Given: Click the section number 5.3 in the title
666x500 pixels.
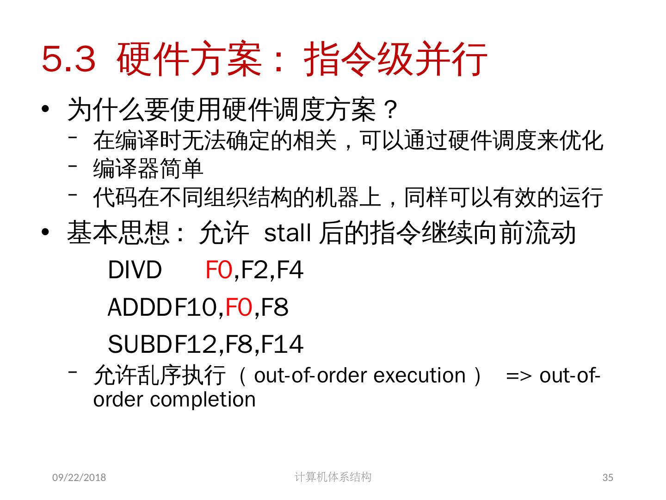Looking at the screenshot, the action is tap(68, 59).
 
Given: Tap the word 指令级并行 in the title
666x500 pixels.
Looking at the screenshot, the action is tap(396, 59).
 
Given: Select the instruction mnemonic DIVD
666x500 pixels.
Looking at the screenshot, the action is tap(135, 270).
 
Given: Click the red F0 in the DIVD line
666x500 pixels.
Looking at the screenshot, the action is tap(219, 270).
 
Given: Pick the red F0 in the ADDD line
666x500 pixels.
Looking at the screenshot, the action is tap(239, 307).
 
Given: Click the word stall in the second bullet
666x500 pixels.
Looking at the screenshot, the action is tap(287, 233).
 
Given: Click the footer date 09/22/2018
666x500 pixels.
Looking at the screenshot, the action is tap(79, 477).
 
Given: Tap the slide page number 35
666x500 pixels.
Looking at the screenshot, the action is tap(608, 477).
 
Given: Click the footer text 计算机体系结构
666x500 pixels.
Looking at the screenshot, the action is tap(333, 477).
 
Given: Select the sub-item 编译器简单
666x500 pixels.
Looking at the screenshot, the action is tap(148, 169).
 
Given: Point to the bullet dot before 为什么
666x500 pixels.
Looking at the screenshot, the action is tap(45, 110).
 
